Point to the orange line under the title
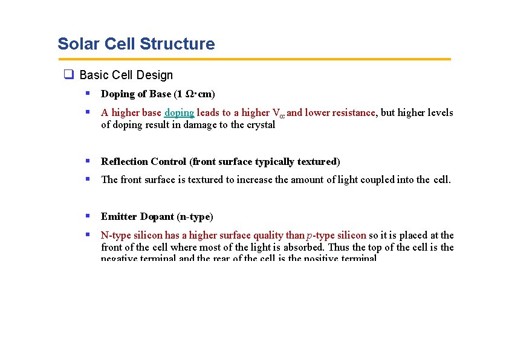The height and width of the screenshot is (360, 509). coord(254,59)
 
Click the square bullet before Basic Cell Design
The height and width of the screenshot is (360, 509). coord(69,75)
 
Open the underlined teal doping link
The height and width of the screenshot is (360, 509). coord(179,113)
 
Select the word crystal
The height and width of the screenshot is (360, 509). coord(261,125)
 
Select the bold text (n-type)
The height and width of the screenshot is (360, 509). coord(195,217)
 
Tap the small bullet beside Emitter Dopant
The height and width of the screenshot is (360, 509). coord(88,216)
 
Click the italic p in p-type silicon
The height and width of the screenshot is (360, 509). coord(310,236)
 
